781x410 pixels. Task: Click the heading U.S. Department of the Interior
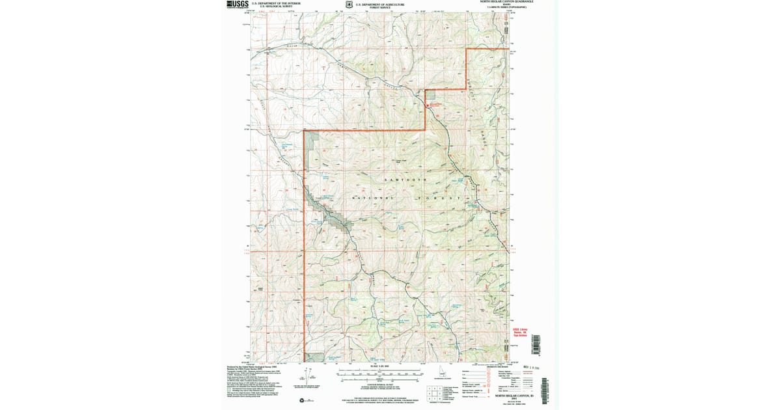pos(277,3)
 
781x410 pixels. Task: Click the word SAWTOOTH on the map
pos(404,179)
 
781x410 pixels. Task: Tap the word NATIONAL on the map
pos(374,198)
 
